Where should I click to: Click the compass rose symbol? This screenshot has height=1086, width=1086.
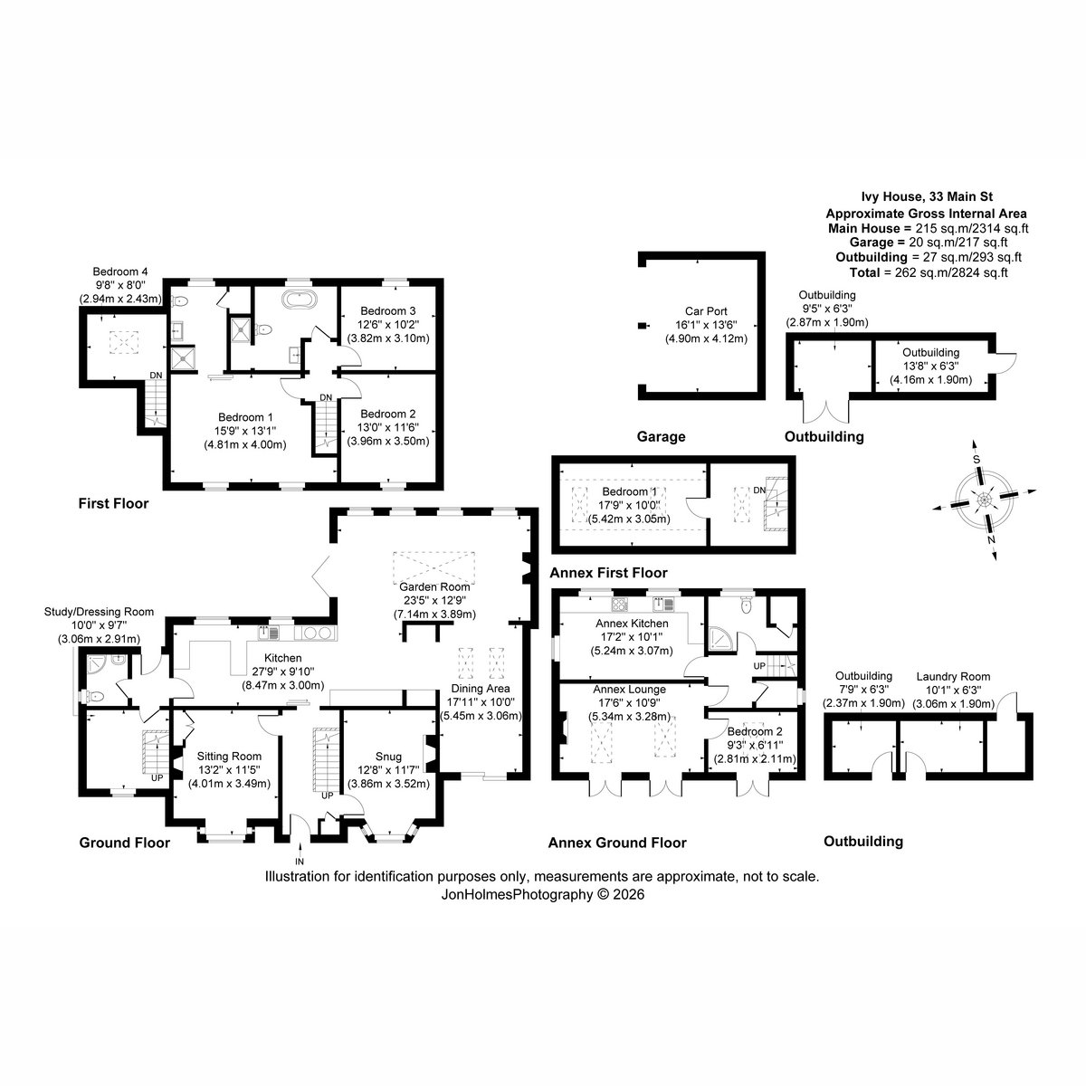pos(984,500)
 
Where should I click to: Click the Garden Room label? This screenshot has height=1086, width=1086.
pos(434,586)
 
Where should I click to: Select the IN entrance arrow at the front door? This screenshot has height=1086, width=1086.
pos(300,853)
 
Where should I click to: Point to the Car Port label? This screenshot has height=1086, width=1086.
pos(706,311)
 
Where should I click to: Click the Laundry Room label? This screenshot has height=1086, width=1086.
pos(953,676)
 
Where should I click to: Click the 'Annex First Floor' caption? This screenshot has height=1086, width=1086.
pos(608,573)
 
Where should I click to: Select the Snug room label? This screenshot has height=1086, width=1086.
pos(388,757)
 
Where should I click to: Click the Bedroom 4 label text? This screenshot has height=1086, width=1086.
pos(120,271)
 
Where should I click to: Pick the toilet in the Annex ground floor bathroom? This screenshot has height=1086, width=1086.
pos(748,605)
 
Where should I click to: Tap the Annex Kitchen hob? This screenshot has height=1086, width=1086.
pos(620,605)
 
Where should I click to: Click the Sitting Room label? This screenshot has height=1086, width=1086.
pos(229,757)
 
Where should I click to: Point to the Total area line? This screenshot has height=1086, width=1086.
pos(929,272)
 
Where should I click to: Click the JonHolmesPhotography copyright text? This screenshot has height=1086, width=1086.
pos(543,894)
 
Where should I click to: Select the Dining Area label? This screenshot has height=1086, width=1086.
pos(481,688)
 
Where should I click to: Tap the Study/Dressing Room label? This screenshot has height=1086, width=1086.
pos(100,612)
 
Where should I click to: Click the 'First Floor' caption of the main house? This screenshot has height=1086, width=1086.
pos(113,503)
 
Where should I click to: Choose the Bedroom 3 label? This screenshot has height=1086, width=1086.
pos(387,310)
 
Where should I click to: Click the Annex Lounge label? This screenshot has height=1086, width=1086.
pos(629,690)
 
